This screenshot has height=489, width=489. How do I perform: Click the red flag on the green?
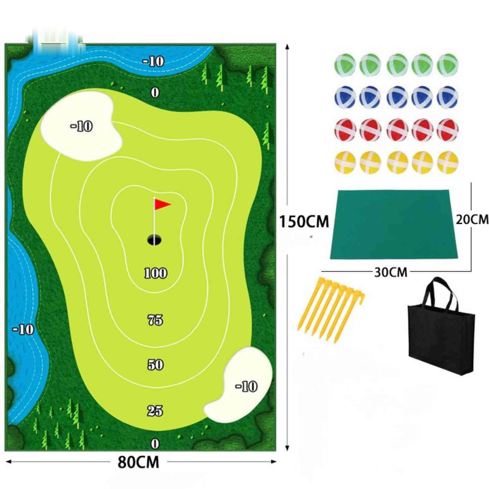pos(162,204)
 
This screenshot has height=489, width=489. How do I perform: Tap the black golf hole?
pos(154,240)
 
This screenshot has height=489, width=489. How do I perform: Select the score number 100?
pos(155,273)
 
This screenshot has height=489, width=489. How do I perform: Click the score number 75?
pos(155,320)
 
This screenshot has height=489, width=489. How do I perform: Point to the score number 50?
pos(155,364)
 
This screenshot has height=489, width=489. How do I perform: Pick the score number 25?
pos(155,411)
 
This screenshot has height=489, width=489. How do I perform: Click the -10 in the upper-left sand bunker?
pos(81,126)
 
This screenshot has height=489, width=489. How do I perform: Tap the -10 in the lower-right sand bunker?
pos(246,386)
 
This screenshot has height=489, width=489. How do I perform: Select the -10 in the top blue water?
pos(153,61)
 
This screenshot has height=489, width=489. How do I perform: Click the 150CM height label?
pos(304,222)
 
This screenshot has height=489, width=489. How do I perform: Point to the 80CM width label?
pos(138,462)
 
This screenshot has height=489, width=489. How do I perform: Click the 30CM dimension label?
pos(391,272)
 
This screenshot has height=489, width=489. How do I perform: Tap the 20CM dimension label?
pos(472,220)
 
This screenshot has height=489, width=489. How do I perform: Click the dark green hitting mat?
pos(394,224)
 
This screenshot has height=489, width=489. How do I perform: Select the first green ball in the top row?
pos(345,65)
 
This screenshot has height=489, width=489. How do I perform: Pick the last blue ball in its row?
pos(448,97)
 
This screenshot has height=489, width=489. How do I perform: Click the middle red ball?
pos(397,130)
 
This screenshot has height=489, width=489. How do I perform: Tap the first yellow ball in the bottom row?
pos(345,162)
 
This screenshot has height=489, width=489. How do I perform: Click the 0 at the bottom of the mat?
pos(155,443)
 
